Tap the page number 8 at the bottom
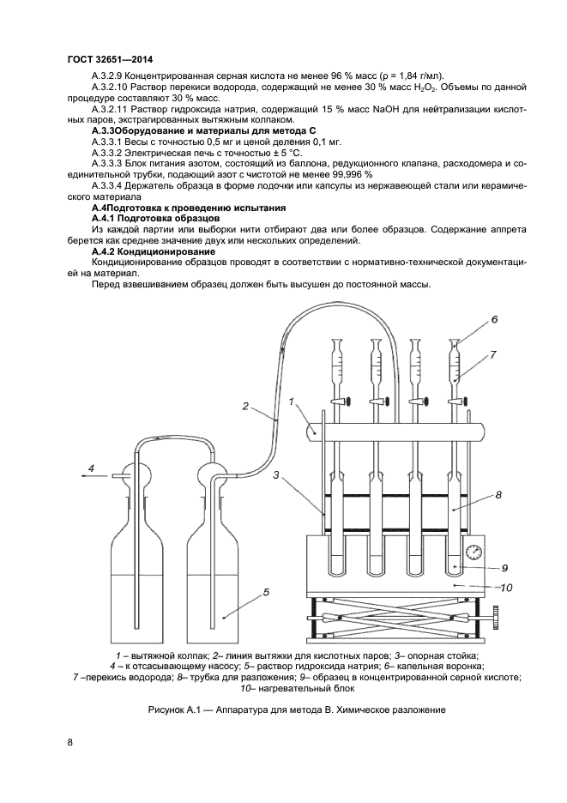tap(69, 741)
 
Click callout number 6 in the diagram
tap(494, 319)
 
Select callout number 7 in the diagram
tap(494, 353)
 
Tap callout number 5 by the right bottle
tap(267, 592)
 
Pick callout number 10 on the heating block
tap(506, 588)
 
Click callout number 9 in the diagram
tap(505, 567)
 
